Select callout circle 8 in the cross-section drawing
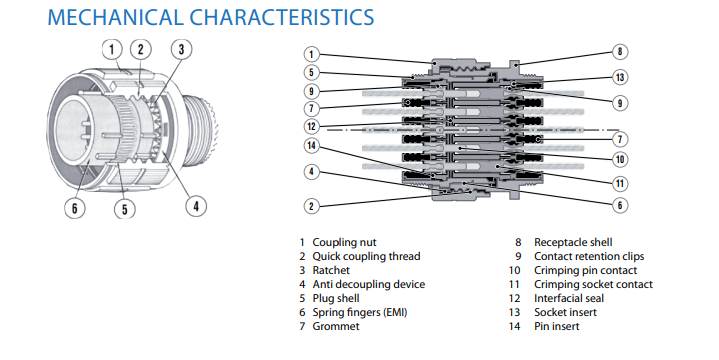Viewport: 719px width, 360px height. point(619,51)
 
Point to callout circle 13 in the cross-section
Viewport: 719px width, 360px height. point(620,78)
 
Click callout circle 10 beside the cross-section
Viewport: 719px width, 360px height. point(620,159)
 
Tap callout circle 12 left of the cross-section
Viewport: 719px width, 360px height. point(312,126)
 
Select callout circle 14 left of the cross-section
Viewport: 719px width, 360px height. point(312,147)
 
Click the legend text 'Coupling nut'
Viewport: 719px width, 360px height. point(346,242)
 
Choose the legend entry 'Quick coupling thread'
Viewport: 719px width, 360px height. point(366,256)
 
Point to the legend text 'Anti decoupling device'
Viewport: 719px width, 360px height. point(369,284)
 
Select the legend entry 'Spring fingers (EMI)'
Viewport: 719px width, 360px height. point(360,312)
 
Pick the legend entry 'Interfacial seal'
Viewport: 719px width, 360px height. point(570,298)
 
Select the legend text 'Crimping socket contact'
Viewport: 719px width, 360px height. point(593,284)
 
